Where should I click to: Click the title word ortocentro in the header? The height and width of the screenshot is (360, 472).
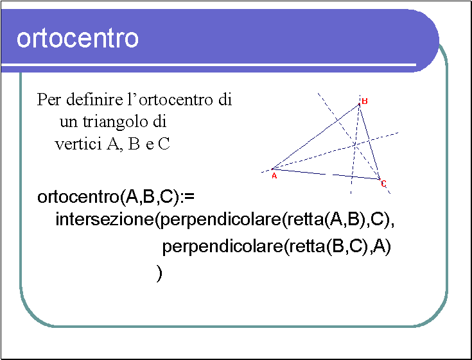click(x=78, y=39)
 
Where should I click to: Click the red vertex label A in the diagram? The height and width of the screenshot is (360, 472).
click(x=274, y=176)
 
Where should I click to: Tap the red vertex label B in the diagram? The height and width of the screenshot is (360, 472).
click(x=365, y=101)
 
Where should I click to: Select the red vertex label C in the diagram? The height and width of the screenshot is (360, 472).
click(x=383, y=184)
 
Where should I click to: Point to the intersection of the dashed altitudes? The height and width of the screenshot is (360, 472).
click(x=356, y=145)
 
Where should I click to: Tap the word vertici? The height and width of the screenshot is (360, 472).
click(x=78, y=144)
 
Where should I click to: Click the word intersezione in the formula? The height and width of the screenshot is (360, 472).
click(x=105, y=219)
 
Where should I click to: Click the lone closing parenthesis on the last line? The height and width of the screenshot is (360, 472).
click(x=159, y=273)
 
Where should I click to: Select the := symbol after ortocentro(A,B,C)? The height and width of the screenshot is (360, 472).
click(x=189, y=197)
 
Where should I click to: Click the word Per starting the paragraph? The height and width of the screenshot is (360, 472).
click(x=49, y=99)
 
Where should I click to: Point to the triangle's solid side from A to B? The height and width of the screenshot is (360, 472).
click(x=316, y=137)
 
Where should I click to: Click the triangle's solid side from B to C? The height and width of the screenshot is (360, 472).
click(x=369, y=142)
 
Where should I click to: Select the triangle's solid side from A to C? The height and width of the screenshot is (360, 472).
click(x=326, y=174)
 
